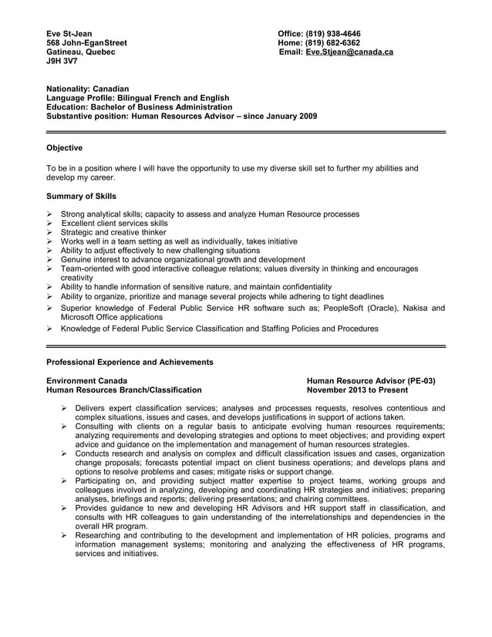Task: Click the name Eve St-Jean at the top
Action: tap(69, 33)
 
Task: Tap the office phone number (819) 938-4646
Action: tap(333, 33)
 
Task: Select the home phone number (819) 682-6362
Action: tap(332, 42)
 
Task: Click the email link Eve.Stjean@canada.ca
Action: tap(349, 52)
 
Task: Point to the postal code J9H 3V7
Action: tap(61, 61)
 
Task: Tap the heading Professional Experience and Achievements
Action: tap(130, 362)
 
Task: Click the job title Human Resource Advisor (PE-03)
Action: tap(370, 381)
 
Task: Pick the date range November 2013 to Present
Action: tap(356, 390)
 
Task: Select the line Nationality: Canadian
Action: tap(88, 89)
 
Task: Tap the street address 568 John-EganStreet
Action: tap(87, 42)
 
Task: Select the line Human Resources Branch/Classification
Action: tap(124, 390)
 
